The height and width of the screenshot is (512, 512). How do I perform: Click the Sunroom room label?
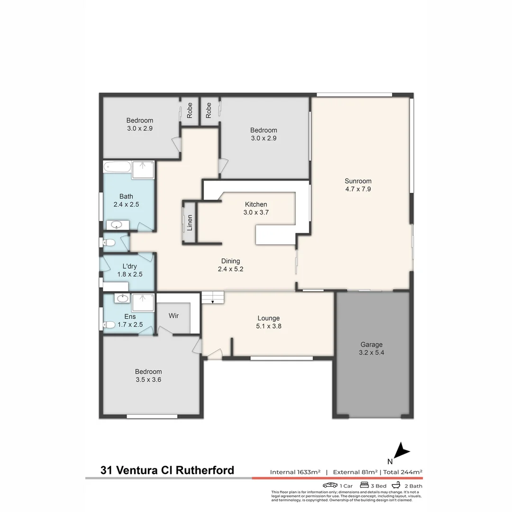(358, 181)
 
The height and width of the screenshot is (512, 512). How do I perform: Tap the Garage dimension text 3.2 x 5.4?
(371, 353)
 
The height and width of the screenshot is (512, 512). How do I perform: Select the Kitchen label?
(256, 204)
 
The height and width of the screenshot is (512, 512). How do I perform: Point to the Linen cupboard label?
(190, 222)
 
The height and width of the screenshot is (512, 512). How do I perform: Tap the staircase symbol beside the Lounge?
(212, 298)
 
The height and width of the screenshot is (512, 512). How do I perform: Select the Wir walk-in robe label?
(174, 316)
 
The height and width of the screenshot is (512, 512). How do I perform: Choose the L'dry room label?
(130, 266)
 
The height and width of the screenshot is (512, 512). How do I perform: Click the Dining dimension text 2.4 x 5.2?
(230, 269)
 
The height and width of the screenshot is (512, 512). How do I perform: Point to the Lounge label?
(268, 318)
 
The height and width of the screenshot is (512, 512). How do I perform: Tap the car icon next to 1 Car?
(330, 485)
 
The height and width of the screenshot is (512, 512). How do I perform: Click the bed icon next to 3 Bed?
(365, 485)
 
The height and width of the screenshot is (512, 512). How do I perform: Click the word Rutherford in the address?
(205, 470)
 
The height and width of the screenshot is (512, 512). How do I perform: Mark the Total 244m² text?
(402, 472)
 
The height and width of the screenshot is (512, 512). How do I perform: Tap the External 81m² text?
(355, 472)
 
